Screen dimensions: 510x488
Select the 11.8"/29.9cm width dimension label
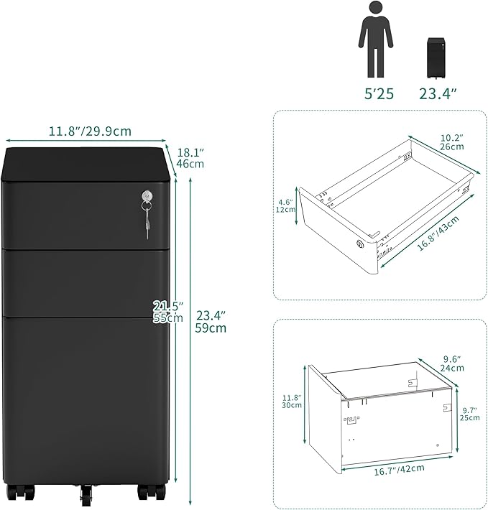[90, 131]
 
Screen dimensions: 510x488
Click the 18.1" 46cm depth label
[190, 157]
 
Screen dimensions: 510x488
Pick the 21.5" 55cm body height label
[167, 312]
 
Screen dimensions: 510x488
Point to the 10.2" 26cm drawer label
[452, 142]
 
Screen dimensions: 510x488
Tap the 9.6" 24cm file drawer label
[452, 363]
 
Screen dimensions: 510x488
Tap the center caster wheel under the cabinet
[87, 496]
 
